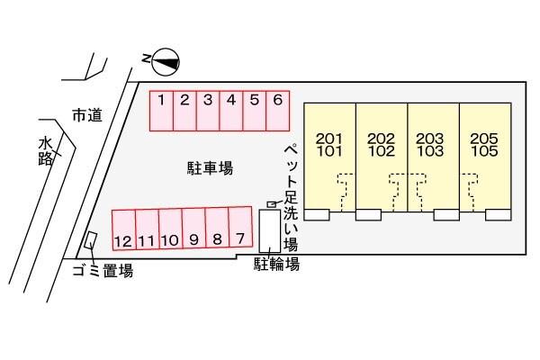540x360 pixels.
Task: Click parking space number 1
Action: (161, 111)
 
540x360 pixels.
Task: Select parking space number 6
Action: (278, 111)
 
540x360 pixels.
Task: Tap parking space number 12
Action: (123, 229)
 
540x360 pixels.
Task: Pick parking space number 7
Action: (240, 227)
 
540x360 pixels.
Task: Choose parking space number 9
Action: (193, 228)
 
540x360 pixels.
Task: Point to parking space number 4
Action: (231, 111)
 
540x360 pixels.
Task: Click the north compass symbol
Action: (166, 62)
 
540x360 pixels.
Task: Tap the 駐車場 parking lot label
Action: (210, 168)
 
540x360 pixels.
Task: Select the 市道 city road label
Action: (87, 115)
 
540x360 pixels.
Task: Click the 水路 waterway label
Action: (46, 151)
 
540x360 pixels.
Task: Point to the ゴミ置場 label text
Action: (103, 271)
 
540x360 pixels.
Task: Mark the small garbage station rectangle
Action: (91, 239)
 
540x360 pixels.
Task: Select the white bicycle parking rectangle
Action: (270, 231)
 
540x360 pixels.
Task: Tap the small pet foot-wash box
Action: (272, 204)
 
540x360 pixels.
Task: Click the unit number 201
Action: (329, 139)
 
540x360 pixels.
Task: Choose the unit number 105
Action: (484, 151)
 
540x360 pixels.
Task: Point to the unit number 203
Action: (430, 139)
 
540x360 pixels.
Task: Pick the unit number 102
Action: (382, 151)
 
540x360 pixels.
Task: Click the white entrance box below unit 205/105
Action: (498, 214)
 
